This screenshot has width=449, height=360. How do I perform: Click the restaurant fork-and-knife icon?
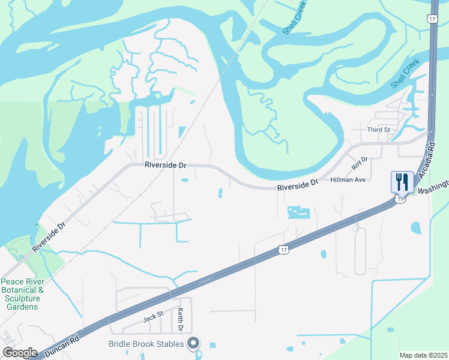[x=402, y=181]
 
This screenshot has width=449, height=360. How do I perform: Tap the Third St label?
[x=379, y=130]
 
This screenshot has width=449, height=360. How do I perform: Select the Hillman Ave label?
[x=348, y=179]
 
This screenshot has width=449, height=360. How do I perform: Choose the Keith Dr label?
[x=180, y=320]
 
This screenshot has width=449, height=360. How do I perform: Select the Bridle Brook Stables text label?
[x=147, y=344]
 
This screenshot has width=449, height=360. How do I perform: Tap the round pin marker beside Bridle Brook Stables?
[x=193, y=343]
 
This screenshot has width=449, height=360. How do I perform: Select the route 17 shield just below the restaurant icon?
[x=400, y=199]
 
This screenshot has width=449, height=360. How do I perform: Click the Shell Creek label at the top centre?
[x=294, y=23]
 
